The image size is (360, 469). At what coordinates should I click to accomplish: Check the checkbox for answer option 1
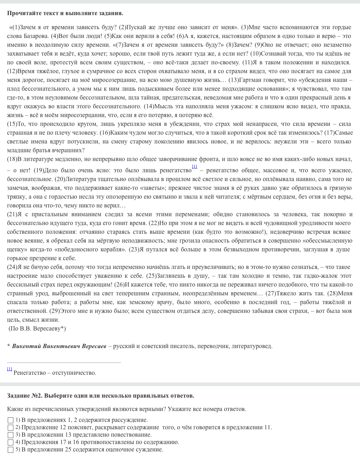pyautogui.click(x=11, y=420)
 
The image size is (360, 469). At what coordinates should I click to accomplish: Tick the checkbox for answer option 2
pyautogui.click(x=11, y=428)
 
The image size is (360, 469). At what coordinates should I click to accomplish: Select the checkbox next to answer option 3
pyautogui.click(x=11, y=435)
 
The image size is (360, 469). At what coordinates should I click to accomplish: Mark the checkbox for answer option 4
pyautogui.click(x=11, y=442)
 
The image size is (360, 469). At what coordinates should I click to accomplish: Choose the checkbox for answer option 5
pyautogui.click(x=11, y=450)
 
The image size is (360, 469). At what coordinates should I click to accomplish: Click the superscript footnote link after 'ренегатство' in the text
pyautogui.click(x=194, y=167)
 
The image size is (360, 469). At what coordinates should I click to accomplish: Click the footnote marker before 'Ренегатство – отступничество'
pyautogui.click(x=9, y=369)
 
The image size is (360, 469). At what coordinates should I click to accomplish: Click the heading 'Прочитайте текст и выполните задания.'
pyautogui.click(x=65, y=13)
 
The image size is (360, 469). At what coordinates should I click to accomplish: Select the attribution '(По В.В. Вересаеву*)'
pyautogui.click(x=37, y=329)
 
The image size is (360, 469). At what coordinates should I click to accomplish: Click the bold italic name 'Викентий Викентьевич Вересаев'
pyautogui.click(x=59, y=346)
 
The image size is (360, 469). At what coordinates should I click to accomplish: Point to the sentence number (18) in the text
pyautogui.click(x=12, y=159)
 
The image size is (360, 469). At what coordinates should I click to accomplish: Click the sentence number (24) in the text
pyautogui.click(x=12, y=267)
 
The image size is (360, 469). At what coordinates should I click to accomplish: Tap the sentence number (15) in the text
pyautogui.click(x=12, y=124)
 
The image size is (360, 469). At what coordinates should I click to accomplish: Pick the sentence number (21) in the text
pyautogui.click(x=12, y=214)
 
